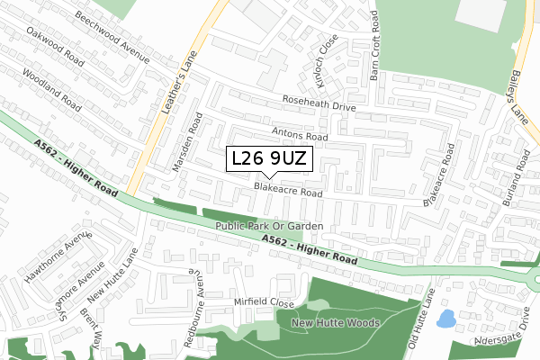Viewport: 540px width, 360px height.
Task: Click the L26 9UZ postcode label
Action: (270, 159)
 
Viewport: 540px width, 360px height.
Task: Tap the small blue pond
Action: (445, 319)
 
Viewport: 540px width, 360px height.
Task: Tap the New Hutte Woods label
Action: (336, 321)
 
